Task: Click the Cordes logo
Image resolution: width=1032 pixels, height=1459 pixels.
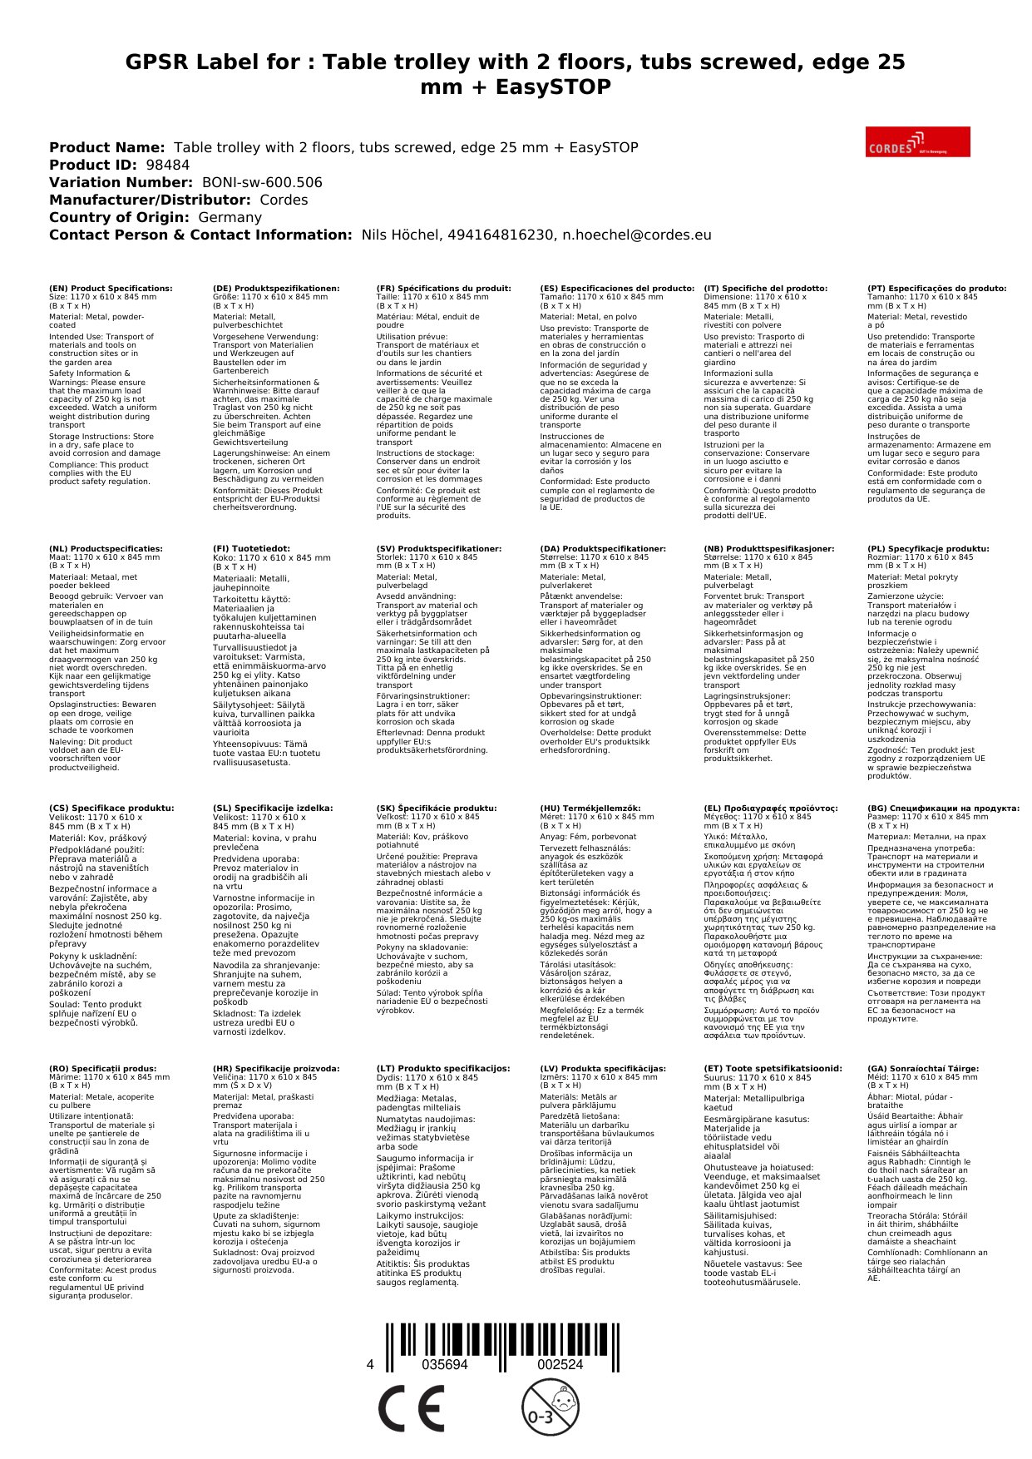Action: (917, 141)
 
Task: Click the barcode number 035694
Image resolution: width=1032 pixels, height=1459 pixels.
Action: (445, 1365)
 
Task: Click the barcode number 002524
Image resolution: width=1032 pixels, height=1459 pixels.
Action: (560, 1365)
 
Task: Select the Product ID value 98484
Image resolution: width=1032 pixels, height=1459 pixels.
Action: (167, 165)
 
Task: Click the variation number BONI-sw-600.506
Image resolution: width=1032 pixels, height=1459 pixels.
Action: (262, 182)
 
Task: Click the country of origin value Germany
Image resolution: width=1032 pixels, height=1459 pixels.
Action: (230, 217)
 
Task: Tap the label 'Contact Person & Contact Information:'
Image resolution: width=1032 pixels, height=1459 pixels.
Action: (200, 235)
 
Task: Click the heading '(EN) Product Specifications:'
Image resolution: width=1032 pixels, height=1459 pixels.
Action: (111, 289)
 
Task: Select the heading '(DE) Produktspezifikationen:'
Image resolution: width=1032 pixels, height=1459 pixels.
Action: (276, 289)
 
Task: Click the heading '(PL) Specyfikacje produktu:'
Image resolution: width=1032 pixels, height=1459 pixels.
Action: (928, 549)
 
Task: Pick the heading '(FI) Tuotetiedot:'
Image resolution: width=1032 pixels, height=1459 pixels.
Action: (251, 549)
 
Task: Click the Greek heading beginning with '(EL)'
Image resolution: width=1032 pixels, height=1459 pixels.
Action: (771, 808)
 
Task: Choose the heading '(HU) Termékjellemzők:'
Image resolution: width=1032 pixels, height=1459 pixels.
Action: (590, 808)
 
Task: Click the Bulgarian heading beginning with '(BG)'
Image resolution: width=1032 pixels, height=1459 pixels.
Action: (943, 808)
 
